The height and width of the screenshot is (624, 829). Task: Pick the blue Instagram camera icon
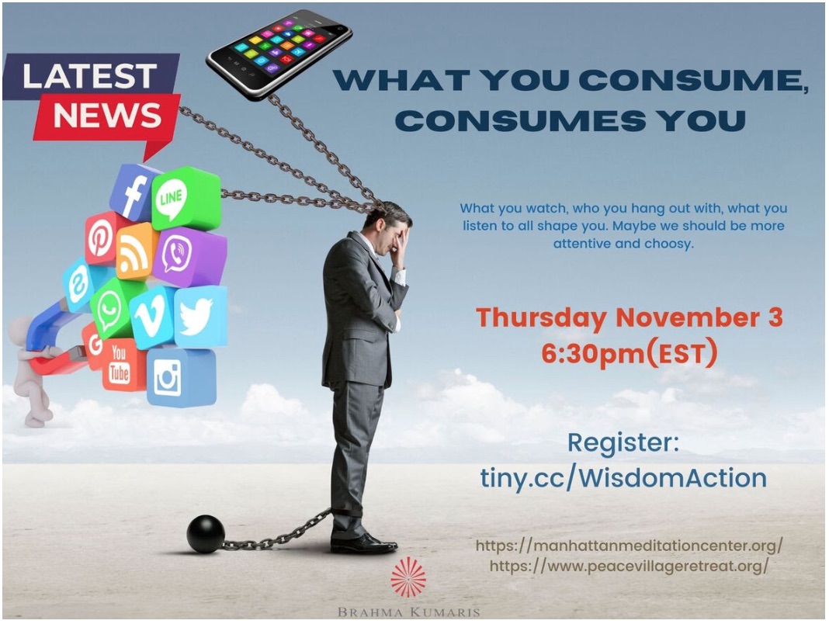[x=181, y=377]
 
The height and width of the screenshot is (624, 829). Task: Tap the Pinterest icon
[x=102, y=238]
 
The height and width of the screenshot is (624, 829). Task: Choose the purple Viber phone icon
[x=189, y=257]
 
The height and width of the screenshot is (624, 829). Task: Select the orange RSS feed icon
[x=136, y=251]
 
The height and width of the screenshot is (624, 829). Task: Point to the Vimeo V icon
[x=151, y=317]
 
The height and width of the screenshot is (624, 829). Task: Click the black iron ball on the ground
[x=206, y=533]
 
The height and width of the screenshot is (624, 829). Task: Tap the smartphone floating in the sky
[x=279, y=54]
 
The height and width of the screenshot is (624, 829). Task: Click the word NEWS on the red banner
[x=107, y=115]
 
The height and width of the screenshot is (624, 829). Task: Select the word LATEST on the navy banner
[x=90, y=77]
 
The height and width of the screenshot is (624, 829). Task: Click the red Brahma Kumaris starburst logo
[x=408, y=577]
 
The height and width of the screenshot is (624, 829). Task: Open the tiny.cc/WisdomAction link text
[x=623, y=477]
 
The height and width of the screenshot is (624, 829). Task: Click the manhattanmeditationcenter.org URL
[x=630, y=545]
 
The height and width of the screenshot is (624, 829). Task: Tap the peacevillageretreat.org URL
[x=630, y=566]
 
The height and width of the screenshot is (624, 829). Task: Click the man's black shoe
[x=364, y=543]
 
